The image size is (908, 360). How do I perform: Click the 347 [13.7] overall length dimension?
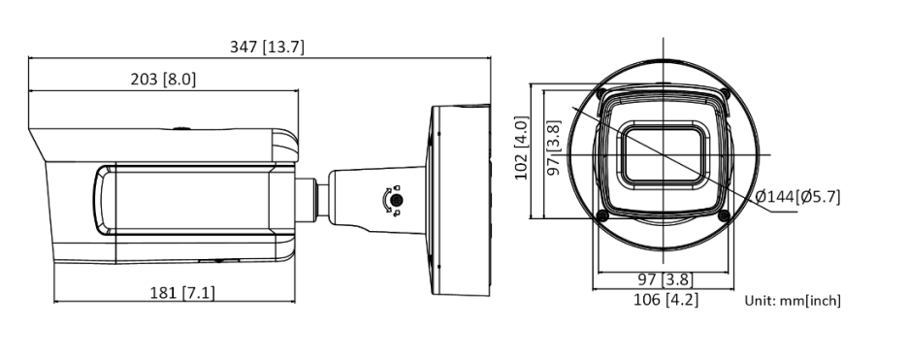[267, 47]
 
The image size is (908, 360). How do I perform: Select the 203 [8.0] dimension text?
[163, 80]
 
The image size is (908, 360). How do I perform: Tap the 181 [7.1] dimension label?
[182, 293]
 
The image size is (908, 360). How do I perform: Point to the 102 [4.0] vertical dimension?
[522, 148]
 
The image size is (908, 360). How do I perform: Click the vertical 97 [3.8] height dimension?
[555, 148]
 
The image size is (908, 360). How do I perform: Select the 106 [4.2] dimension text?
[665, 300]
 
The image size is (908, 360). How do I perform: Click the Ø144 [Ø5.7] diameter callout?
[798, 197]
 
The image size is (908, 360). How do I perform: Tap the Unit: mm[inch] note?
[793, 301]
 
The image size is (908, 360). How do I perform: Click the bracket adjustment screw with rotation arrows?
[396, 200]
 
